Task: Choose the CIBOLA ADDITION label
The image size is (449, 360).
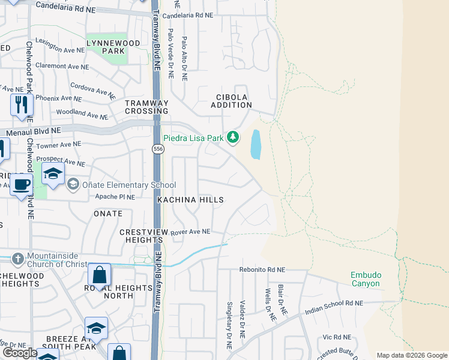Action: tap(231, 101)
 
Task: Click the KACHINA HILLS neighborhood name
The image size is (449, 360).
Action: tap(190, 200)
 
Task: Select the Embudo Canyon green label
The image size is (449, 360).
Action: tap(365, 279)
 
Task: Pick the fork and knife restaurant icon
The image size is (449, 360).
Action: tap(22, 104)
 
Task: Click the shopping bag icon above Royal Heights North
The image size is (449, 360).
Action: tap(100, 275)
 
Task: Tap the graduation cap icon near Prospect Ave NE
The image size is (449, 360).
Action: tap(53, 173)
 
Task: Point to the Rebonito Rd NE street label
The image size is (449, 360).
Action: tap(262, 270)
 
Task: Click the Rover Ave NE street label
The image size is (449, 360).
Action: tap(190, 232)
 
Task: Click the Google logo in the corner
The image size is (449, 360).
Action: tap(20, 353)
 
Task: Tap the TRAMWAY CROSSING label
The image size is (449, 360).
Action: tap(146, 107)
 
